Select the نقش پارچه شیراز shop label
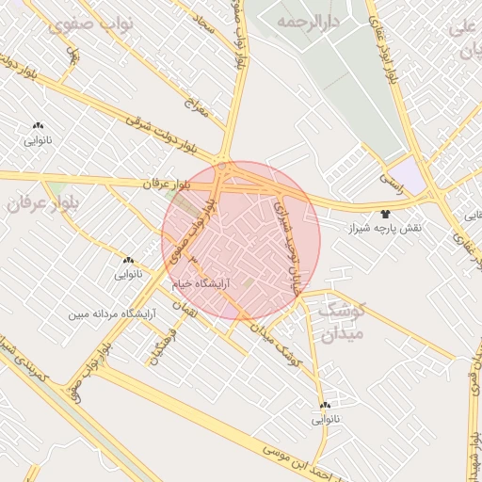(x=386, y=229)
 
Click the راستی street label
(x=390, y=176)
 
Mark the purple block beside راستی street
(x=407, y=175)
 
